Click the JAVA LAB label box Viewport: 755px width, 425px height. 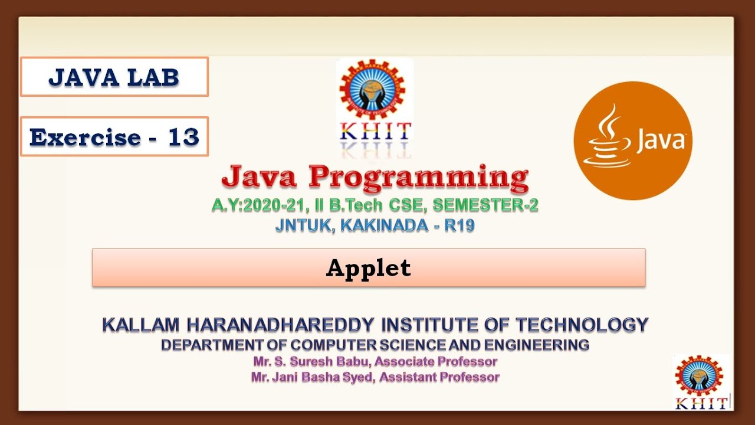[x=114, y=77]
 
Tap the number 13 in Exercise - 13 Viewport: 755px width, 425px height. [x=183, y=138]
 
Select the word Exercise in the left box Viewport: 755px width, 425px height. [x=85, y=138]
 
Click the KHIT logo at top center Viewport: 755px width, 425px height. [x=375, y=100]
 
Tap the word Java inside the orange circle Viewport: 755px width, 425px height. [x=659, y=142]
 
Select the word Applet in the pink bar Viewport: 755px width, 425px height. [x=369, y=268]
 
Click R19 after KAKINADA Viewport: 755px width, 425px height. [x=460, y=225]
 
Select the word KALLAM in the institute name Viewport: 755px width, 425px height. [x=142, y=325]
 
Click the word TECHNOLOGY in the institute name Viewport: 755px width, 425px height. [x=582, y=325]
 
